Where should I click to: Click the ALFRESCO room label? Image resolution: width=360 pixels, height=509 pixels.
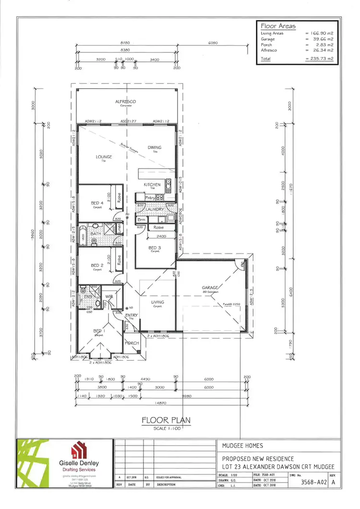(x=126, y=102)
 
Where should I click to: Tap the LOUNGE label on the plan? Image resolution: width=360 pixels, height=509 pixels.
(x=104, y=157)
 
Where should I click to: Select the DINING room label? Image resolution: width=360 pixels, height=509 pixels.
(x=155, y=147)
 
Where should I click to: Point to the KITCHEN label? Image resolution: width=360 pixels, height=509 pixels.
(x=152, y=185)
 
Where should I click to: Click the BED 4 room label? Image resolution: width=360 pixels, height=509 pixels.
(x=97, y=203)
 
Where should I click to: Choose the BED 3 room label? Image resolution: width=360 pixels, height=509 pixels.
(x=155, y=247)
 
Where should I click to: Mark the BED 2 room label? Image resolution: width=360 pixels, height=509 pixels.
(x=97, y=265)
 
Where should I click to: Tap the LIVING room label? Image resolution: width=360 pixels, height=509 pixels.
(x=157, y=302)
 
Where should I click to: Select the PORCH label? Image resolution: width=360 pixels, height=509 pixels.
(x=132, y=343)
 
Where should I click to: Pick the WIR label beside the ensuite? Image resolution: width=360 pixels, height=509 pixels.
(x=109, y=296)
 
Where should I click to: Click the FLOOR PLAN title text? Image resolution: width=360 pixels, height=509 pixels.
(x=166, y=421)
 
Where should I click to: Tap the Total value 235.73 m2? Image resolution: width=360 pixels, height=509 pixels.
(x=319, y=59)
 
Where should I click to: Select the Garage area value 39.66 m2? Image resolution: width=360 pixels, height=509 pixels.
(x=319, y=39)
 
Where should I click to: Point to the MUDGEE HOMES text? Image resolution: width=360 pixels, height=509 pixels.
(x=242, y=446)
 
